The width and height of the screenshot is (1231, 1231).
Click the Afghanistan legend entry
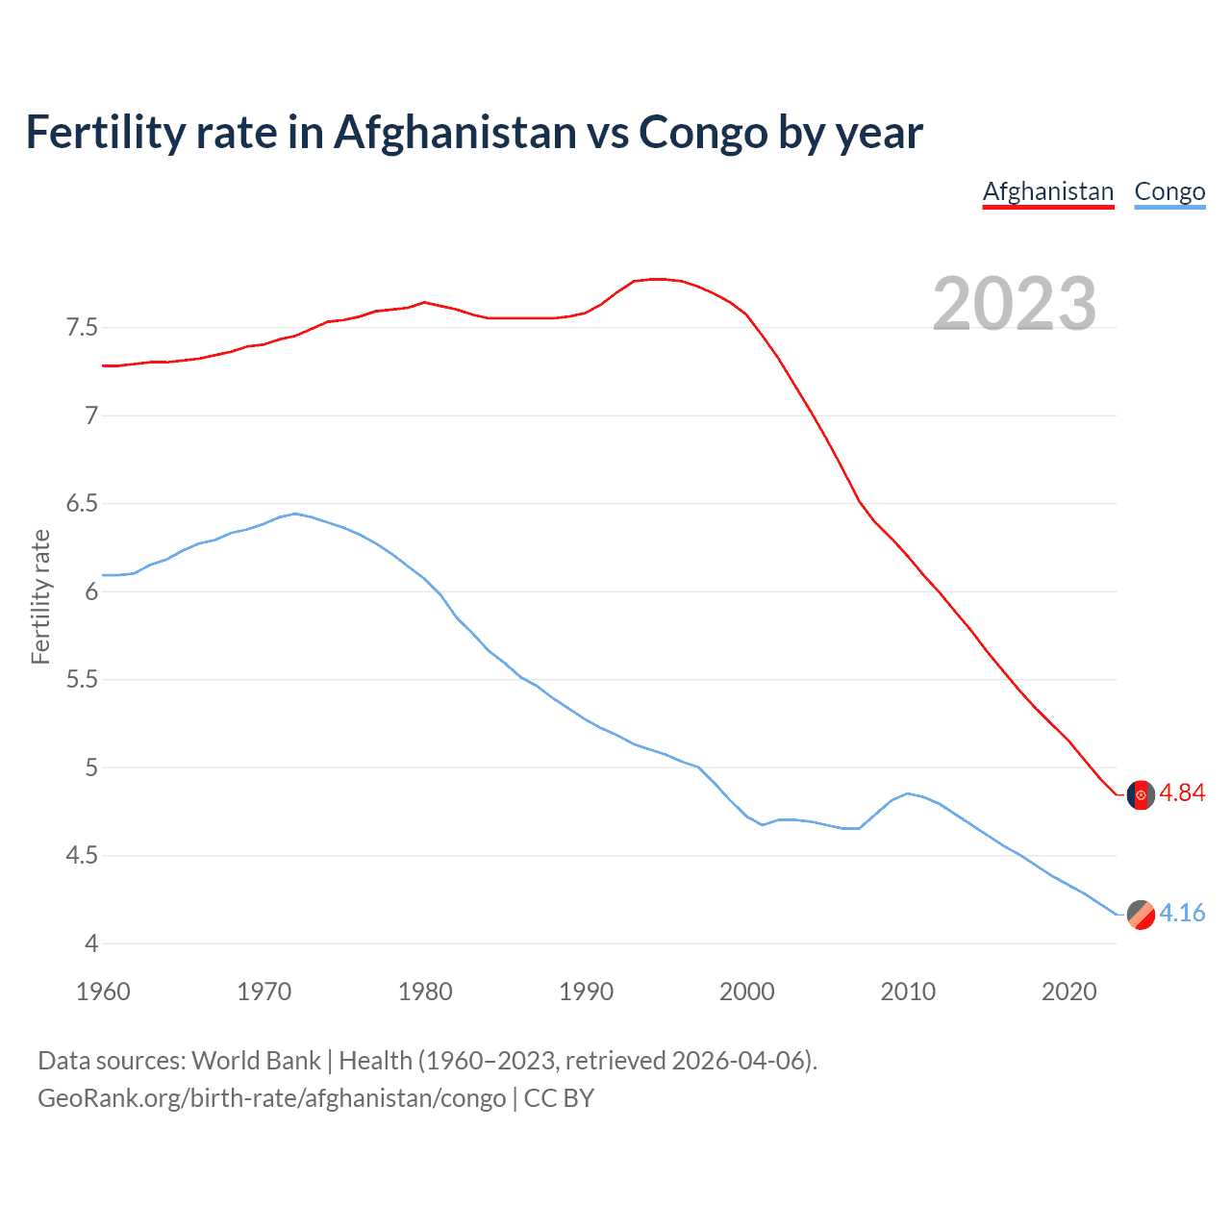click(x=1047, y=191)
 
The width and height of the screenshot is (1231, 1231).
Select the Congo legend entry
click(x=1169, y=191)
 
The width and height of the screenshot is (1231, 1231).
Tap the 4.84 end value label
click(x=1182, y=792)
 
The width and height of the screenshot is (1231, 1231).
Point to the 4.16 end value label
click(x=1182, y=913)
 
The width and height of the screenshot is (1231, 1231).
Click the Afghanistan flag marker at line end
click(x=1141, y=795)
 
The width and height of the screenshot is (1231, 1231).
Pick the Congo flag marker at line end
click(x=1141, y=915)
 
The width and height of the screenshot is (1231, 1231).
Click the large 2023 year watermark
click(x=1014, y=304)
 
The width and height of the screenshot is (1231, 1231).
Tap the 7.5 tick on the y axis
click(x=82, y=328)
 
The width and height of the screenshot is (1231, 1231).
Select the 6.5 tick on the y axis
click(x=82, y=504)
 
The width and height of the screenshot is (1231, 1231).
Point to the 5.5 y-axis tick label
click(x=82, y=680)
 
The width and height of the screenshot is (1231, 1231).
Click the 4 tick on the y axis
click(x=91, y=943)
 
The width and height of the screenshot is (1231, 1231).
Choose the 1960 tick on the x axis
click(x=103, y=992)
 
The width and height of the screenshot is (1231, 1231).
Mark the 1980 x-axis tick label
click(x=425, y=992)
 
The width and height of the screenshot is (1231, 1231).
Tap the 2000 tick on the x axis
click(x=747, y=992)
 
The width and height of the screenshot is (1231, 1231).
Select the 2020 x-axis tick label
click(x=1068, y=992)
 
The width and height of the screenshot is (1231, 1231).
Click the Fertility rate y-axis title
click(x=40, y=596)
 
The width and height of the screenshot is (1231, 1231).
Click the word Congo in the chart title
click(x=703, y=133)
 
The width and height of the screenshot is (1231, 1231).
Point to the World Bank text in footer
click(x=256, y=1061)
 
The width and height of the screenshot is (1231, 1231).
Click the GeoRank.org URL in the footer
click(x=271, y=1098)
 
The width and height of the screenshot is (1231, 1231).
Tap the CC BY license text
click(x=559, y=1098)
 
